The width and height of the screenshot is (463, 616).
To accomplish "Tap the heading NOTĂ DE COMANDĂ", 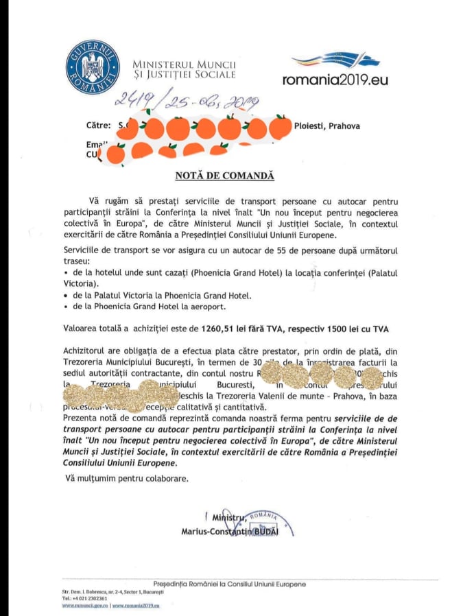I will (x=224, y=176).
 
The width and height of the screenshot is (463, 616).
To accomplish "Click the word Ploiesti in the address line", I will (x=313, y=126).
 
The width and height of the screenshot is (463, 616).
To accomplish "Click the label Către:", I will (x=99, y=126).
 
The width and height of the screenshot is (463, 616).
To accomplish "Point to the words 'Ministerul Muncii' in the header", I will (x=179, y=63).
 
